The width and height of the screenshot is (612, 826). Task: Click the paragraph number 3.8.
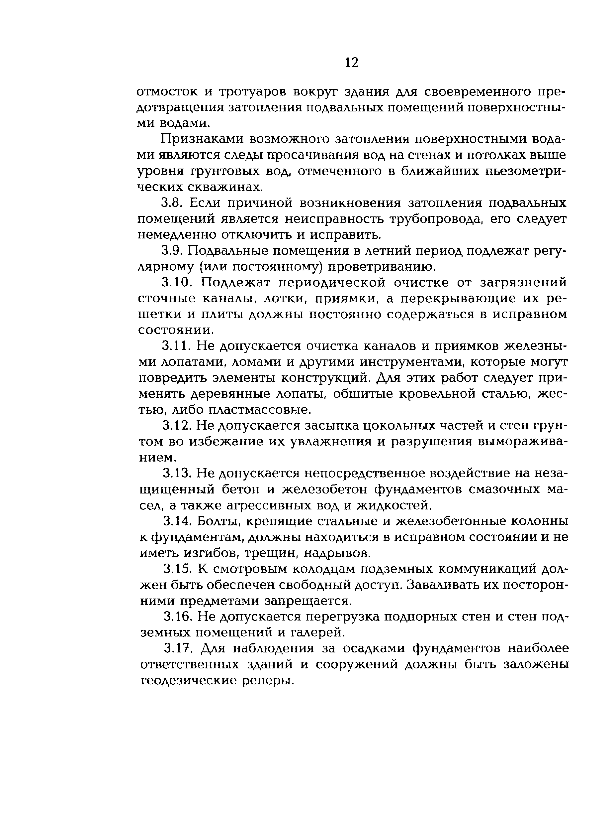(x=171, y=203)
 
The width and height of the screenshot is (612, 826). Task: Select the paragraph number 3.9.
(x=171, y=251)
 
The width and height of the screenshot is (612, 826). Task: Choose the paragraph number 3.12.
(x=176, y=425)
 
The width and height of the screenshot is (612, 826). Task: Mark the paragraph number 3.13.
(x=176, y=473)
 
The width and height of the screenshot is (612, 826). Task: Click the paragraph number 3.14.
(x=177, y=521)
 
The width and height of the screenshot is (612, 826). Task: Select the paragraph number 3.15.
(x=177, y=569)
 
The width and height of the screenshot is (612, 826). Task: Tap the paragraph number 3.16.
(x=177, y=617)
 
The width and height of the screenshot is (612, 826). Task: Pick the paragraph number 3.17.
(x=177, y=648)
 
